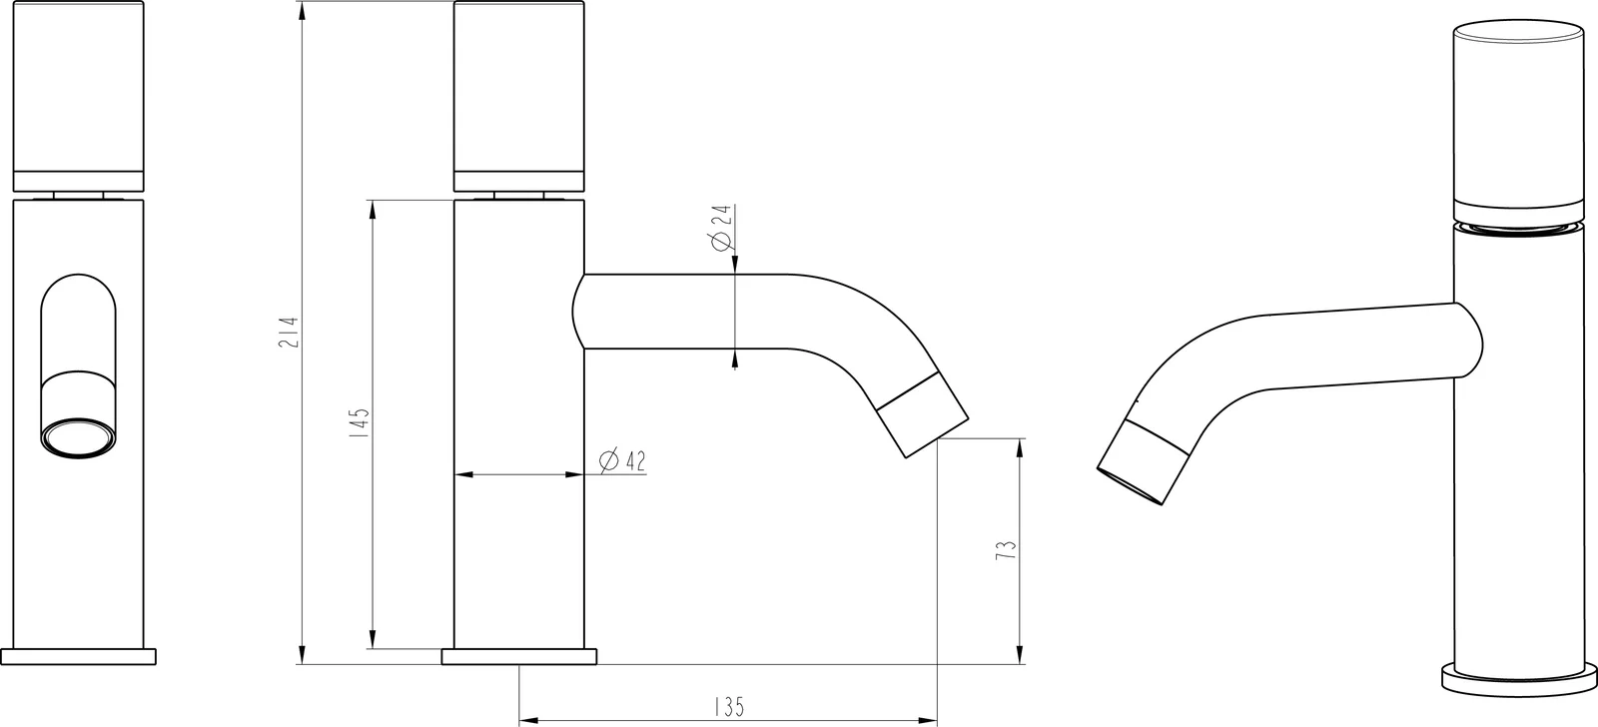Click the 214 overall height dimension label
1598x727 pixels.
(x=290, y=332)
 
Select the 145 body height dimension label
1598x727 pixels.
(x=361, y=422)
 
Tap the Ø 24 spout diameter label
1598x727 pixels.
(x=722, y=227)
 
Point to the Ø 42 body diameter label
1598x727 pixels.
(x=623, y=461)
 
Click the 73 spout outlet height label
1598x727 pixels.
(x=1006, y=549)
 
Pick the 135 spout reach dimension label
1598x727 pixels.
(x=728, y=707)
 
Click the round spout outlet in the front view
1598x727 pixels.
(x=79, y=438)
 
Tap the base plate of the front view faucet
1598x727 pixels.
(x=79, y=656)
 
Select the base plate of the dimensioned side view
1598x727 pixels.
(x=519, y=656)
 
